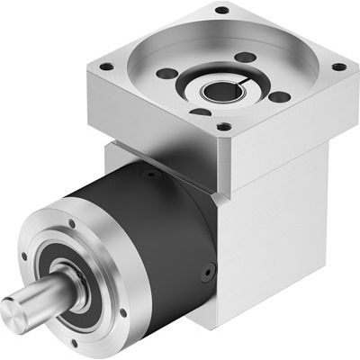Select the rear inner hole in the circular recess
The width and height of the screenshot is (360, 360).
240,57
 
